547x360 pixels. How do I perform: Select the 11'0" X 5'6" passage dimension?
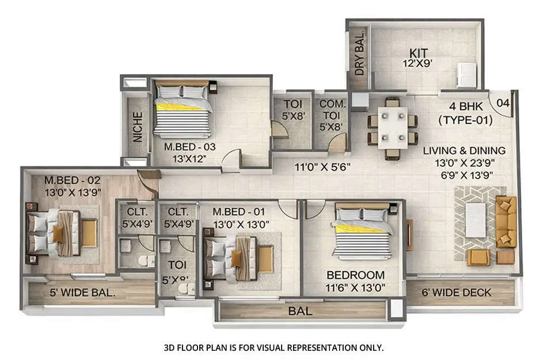click(x=322, y=168)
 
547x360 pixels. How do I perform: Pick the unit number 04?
click(x=503, y=103)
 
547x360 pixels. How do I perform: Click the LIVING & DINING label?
click(x=464, y=151)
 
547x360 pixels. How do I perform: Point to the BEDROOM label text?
click(x=355, y=275)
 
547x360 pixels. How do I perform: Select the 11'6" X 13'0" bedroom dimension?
click(x=355, y=287)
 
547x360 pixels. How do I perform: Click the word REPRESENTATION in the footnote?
click(x=303, y=347)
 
